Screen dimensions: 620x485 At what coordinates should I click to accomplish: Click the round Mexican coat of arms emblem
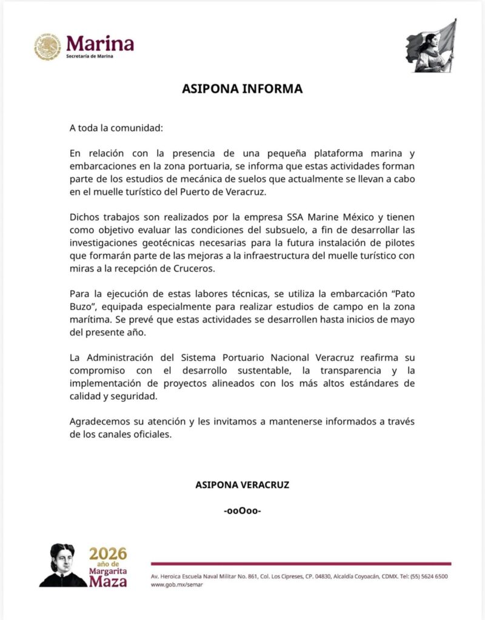(x=47, y=47)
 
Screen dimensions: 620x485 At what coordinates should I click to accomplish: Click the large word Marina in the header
(x=100, y=43)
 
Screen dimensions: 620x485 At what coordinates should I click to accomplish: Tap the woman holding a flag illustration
(x=431, y=47)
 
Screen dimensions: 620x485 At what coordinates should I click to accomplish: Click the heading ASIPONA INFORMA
(x=242, y=89)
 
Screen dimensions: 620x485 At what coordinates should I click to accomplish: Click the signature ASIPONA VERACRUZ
(x=242, y=485)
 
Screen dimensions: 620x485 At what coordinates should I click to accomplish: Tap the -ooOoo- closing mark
(x=242, y=510)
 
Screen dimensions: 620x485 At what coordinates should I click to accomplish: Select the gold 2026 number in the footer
(x=109, y=553)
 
